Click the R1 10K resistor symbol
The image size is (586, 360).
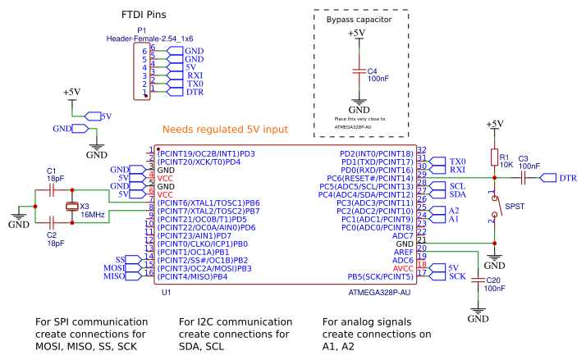(x=494, y=157)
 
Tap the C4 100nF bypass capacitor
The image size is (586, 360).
(x=358, y=71)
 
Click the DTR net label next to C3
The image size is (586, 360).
(x=567, y=178)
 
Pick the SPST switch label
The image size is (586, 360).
(x=515, y=206)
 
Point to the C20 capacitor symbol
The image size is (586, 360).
(x=477, y=281)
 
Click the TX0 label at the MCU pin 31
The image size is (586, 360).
(x=457, y=162)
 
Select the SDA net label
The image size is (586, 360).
(x=457, y=194)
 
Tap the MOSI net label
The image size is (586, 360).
(x=113, y=268)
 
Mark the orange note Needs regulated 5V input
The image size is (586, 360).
(x=225, y=130)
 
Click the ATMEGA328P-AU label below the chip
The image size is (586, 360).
(x=378, y=292)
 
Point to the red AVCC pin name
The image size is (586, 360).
(x=403, y=268)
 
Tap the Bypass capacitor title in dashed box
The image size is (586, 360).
(x=359, y=18)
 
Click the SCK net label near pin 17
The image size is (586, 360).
(x=457, y=276)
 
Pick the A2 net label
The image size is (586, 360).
(x=454, y=211)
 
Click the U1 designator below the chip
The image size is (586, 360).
(x=166, y=292)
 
